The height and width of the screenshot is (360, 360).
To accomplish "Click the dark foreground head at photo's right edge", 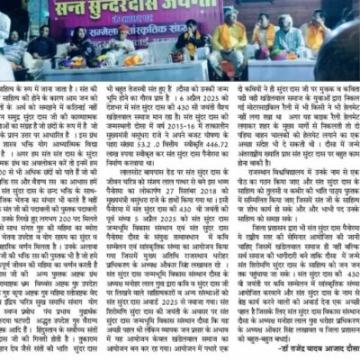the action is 347,63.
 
